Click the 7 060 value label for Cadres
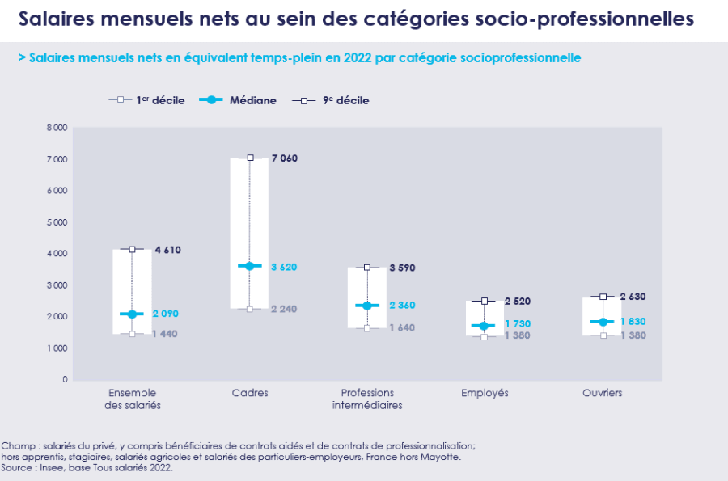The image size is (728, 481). pos(284,158)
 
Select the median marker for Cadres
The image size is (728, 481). pos(250,266)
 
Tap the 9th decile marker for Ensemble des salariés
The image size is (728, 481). pos(132,249)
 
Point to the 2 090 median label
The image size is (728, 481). pos(166,314)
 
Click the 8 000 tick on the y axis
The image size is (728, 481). pos(57,128)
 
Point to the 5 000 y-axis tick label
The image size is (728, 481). pos(57,222)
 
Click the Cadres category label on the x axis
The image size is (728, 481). pos(250,393)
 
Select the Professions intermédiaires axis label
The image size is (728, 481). pos(367,399)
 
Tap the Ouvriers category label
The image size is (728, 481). pos(603,393)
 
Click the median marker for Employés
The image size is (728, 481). pos(484,326)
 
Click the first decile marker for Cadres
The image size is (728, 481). pos(250,309)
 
